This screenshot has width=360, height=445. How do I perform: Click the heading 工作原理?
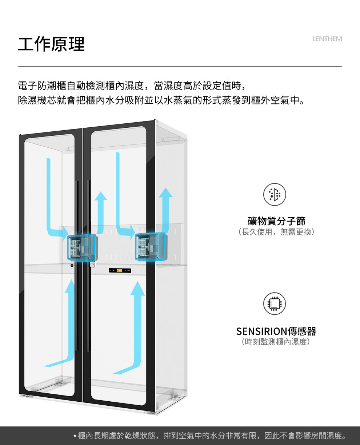51,44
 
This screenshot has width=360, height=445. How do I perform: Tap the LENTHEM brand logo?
327,39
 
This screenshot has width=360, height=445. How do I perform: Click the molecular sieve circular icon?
275,194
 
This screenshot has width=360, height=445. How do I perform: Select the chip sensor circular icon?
275,303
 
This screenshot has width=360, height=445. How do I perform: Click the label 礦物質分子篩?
276,221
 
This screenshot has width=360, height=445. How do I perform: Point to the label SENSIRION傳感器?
276,331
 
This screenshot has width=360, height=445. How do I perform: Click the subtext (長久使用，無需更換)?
276,232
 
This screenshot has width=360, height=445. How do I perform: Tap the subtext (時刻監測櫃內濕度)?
276,342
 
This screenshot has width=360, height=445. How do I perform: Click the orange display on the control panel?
119,271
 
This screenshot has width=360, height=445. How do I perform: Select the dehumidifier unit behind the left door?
82,247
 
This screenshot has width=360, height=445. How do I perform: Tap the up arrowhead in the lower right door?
137,288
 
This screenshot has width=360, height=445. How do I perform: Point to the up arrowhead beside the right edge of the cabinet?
166,192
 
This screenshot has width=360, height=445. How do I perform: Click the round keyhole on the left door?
72,266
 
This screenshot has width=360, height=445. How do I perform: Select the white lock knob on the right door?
92,265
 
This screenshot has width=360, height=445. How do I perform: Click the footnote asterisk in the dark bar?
75,436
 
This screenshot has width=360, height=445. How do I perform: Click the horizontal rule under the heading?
180,66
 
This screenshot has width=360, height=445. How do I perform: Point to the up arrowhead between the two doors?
101,196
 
